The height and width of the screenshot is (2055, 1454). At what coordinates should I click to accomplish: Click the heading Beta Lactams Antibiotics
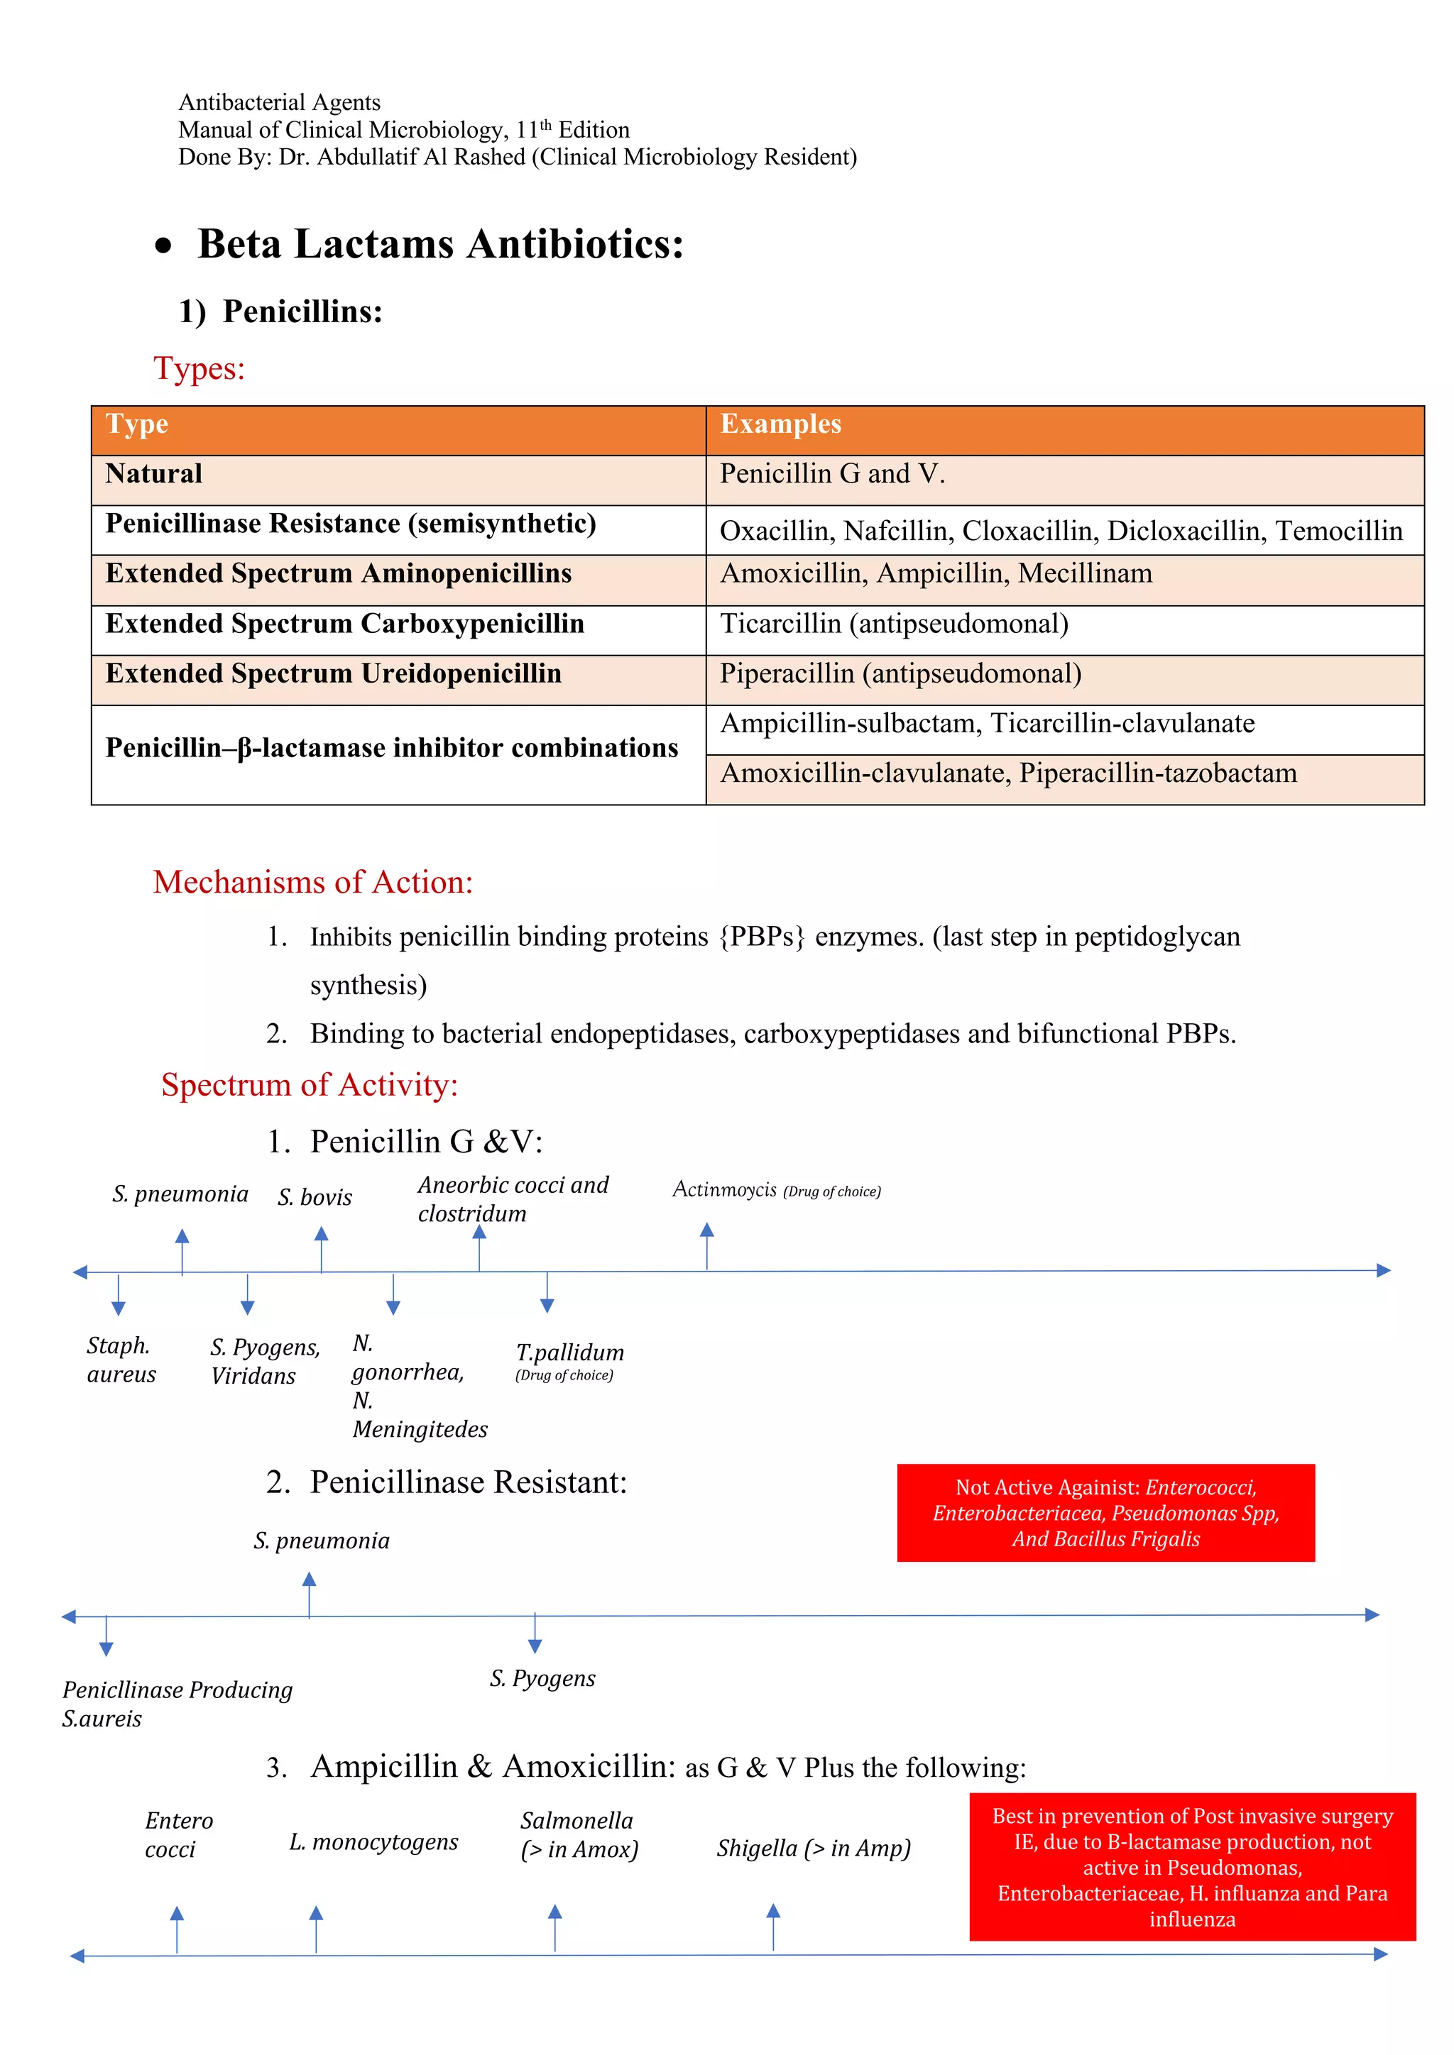pyautogui.click(x=440, y=244)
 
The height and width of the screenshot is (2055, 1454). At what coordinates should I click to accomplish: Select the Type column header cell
pyautogui.click(x=398, y=431)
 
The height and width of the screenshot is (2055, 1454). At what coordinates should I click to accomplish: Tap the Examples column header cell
pyautogui.click(x=1064, y=431)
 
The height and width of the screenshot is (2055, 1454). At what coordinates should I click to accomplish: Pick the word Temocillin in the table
pyautogui.click(x=1338, y=531)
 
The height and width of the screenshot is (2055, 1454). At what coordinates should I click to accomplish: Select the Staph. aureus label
pyautogui.click(x=121, y=1360)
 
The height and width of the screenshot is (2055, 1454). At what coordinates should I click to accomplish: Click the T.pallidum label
pyautogui.click(x=569, y=1352)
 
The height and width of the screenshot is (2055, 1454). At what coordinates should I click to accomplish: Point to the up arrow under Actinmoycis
pyautogui.click(x=706, y=1245)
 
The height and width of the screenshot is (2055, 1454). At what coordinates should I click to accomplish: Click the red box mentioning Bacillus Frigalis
pyautogui.click(x=1105, y=1513)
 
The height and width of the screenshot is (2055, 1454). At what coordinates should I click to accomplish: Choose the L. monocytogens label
pyautogui.click(x=373, y=1842)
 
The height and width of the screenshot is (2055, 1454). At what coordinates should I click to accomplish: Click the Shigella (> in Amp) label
pyautogui.click(x=813, y=1849)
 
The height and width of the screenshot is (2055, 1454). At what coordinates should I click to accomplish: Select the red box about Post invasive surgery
pyautogui.click(x=1192, y=1867)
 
